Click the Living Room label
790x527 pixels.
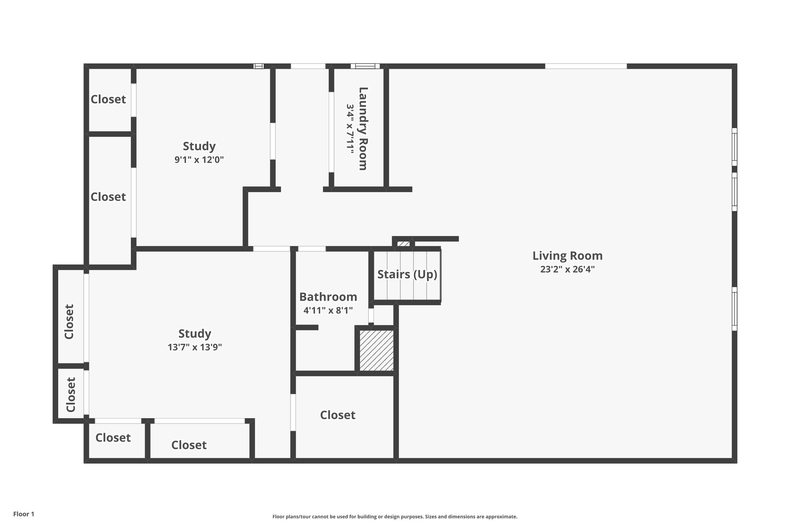tap(567, 256)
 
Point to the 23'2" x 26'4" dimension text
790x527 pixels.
tap(567, 269)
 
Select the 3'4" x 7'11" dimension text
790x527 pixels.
tap(350, 129)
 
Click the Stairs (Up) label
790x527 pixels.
tap(407, 275)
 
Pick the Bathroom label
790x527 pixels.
tap(328, 297)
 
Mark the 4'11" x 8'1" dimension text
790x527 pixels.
tap(328, 310)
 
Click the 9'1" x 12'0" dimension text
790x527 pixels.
tap(199, 160)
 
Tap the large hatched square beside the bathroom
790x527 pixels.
tap(377, 350)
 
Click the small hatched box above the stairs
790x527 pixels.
tap(403, 244)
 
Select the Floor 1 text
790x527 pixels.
tap(24, 514)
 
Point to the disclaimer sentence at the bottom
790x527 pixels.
tap(395, 517)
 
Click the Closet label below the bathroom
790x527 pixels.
tap(338, 415)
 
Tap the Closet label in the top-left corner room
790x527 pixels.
tap(108, 100)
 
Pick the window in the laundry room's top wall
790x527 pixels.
tap(365, 66)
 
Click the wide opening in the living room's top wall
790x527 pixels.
tap(586, 66)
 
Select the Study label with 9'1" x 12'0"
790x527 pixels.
tap(199, 146)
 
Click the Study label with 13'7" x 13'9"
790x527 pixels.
tap(195, 334)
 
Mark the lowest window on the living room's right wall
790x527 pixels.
tap(734, 309)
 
